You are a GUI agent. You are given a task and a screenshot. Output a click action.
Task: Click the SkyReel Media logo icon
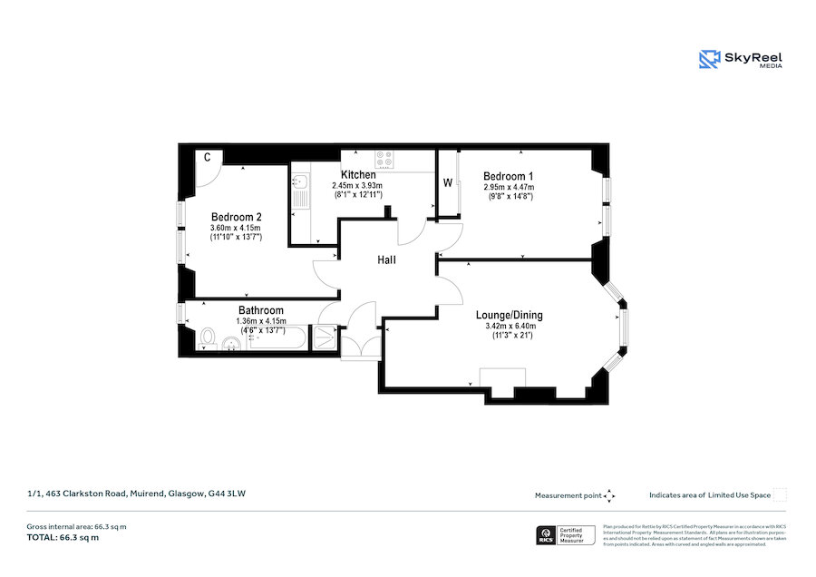point(709,59)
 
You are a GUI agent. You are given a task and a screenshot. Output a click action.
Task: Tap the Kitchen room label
point(358,174)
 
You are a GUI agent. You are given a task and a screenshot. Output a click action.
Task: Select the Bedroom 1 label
point(508,176)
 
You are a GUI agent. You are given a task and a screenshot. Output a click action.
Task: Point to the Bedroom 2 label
point(237,217)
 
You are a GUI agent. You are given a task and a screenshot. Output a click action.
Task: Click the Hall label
point(387,260)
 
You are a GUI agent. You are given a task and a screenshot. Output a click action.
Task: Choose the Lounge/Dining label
point(510,315)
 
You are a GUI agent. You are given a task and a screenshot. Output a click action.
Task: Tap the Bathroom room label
point(261,310)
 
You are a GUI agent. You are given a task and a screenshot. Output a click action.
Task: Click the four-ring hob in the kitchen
point(384,159)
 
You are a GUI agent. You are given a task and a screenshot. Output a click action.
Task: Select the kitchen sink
point(299,190)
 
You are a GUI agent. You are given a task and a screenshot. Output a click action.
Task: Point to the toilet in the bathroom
point(207,338)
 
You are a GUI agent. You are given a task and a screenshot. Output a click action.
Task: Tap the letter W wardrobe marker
point(447,183)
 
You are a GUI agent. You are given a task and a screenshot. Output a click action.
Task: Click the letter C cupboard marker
point(208,157)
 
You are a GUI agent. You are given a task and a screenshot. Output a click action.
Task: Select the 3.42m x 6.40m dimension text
point(510,326)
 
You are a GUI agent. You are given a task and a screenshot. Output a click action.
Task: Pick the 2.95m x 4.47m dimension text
point(508,187)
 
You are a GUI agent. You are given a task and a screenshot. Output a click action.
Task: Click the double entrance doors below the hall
point(361,347)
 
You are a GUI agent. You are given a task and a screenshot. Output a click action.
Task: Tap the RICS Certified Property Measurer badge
point(566,535)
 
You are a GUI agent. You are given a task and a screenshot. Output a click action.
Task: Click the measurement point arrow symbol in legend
point(609,495)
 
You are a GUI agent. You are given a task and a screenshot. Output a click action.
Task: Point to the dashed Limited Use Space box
point(780,495)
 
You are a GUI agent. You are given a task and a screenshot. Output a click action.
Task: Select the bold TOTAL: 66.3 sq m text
point(63,538)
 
